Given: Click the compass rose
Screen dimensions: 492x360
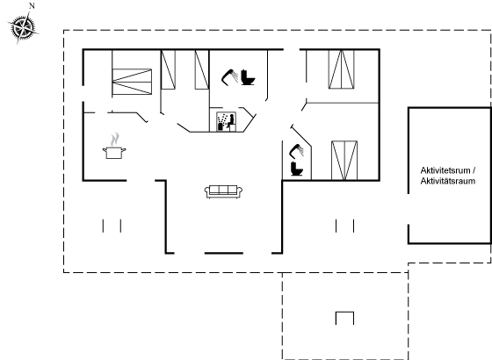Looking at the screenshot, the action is [23, 28].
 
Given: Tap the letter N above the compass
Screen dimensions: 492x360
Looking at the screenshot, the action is [32, 5].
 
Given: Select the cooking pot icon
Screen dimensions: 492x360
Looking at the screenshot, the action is [114, 153].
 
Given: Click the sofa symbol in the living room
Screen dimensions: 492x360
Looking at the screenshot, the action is [223, 191].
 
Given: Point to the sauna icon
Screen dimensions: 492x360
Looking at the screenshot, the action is [227, 122].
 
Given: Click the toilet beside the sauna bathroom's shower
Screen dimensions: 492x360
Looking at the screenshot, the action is [248, 77].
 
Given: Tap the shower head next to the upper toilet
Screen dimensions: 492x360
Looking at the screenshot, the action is [229, 77].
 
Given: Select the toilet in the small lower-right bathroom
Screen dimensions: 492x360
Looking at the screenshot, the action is [297, 169].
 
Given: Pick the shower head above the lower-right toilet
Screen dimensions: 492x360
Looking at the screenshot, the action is [297, 151].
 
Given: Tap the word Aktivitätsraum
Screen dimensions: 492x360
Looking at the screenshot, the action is [448, 181].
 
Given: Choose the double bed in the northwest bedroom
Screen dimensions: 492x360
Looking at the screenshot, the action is [132, 82].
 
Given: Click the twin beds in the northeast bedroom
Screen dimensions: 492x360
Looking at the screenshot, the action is [342, 69].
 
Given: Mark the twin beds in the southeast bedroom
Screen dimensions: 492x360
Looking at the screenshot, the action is [344, 161].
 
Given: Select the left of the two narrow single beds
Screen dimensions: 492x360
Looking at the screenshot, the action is [168, 69].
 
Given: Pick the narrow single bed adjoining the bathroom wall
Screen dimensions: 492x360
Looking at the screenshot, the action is [202, 69].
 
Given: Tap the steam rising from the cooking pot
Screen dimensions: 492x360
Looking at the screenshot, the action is [115, 140].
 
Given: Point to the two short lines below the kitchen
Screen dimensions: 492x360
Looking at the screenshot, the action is [112, 226].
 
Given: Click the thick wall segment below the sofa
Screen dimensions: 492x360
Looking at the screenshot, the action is [224, 253].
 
